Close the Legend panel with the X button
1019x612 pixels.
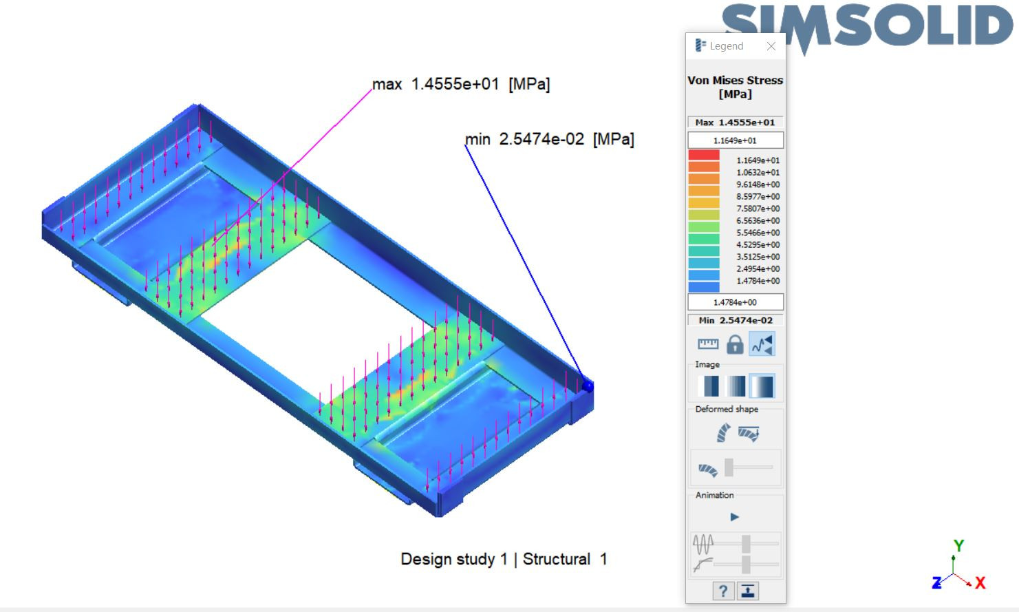click(771, 46)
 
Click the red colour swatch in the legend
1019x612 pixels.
click(703, 156)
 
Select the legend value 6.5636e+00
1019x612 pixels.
click(758, 221)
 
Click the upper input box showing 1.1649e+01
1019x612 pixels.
click(735, 140)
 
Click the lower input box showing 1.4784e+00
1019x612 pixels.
click(735, 302)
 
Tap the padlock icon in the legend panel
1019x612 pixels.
click(735, 344)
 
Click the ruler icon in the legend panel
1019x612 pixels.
click(707, 344)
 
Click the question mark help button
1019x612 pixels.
click(722, 591)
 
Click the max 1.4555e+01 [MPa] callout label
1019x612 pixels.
click(461, 85)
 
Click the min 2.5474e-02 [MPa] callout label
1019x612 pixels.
click(549, 140)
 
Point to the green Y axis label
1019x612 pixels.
click(958, 546)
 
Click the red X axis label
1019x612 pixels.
click(980, 583)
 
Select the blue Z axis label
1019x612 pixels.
click(936, 583)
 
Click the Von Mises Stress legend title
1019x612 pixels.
click(735, 87)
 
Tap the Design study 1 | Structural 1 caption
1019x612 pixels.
click(504, 559)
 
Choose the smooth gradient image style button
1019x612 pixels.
click(762, 386)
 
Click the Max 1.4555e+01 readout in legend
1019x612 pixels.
click(735, 123)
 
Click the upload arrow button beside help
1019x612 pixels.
click(748, 591)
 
